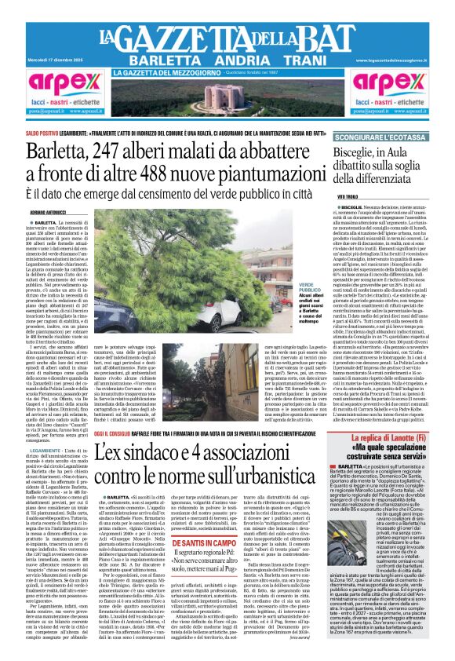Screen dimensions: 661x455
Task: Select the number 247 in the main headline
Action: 128,149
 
